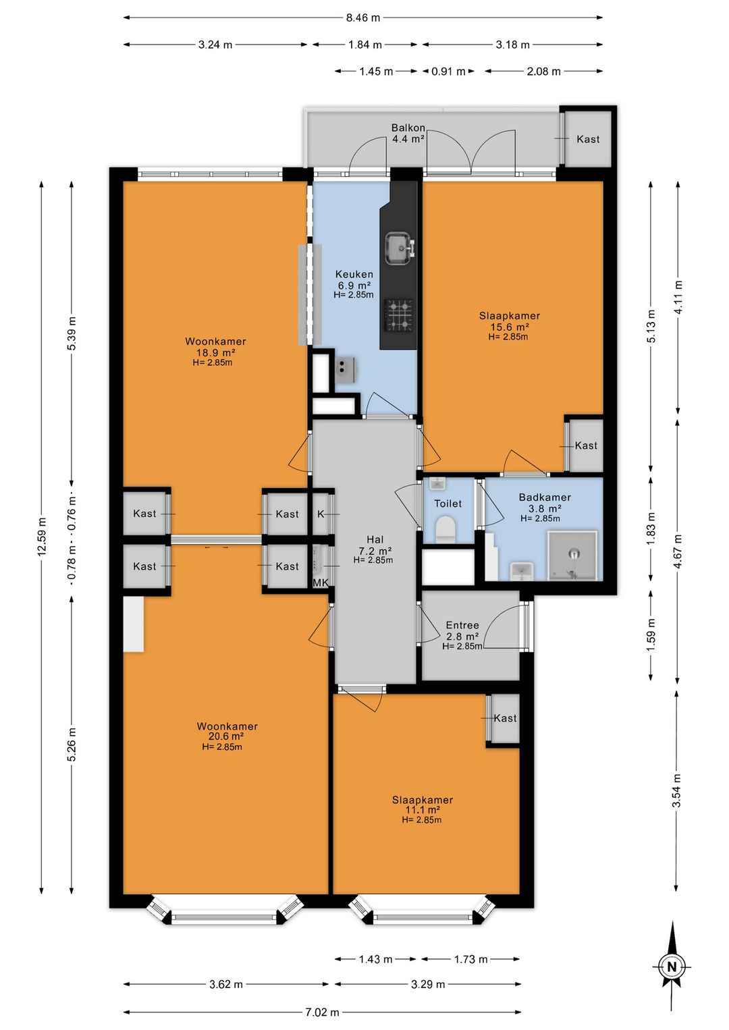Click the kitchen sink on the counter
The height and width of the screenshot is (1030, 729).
400,248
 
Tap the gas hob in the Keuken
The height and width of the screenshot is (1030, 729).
398,315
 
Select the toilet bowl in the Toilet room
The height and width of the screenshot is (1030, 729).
445,528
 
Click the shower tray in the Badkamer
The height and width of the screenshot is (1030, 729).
572,555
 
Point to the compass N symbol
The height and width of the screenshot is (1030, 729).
672,967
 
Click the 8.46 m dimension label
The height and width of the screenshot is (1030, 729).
363,18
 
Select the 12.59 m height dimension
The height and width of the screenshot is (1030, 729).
42,537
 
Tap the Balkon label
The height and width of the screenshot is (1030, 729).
408,128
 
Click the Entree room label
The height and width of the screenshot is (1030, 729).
462,625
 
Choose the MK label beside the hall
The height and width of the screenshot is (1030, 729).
321,582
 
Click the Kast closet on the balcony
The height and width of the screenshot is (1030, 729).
588,139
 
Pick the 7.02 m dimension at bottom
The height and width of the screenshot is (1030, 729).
322,1012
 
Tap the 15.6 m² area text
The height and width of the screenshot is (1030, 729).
510,327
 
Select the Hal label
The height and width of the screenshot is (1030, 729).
375,539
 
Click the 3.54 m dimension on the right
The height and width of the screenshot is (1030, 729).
676,790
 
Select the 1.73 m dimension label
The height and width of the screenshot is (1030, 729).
470,959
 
